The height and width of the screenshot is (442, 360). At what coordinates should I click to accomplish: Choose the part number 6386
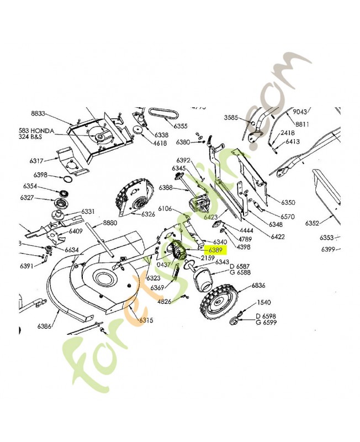point(45,327)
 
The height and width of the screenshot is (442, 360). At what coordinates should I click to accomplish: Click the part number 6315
point(146,320)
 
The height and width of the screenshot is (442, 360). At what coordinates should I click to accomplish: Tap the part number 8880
point(110,223)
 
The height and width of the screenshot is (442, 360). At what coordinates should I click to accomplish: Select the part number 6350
point(288,203)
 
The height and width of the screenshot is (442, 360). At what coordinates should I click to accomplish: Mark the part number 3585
point(231,117)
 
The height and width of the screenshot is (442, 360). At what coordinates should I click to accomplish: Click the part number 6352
point(312,224)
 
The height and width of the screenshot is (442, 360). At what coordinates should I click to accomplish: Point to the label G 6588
point(240,272)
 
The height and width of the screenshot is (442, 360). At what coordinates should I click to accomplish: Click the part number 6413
point(292,142)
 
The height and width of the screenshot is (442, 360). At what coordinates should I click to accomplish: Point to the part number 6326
point(148,214)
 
